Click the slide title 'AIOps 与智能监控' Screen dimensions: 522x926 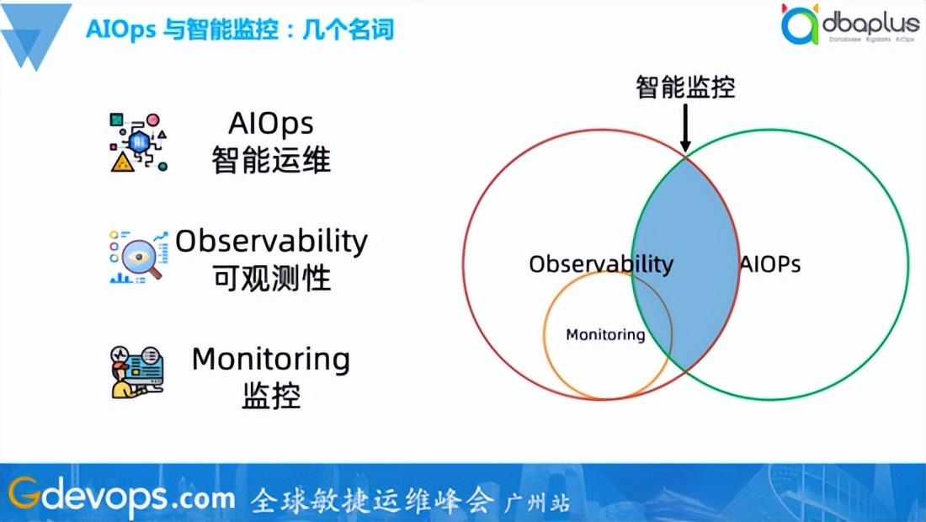(x=240, y=29)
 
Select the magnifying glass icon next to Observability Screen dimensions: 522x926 (x=138, y=256)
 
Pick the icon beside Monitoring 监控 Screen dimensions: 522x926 (x=138, y=370)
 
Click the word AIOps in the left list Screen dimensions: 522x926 (x=271, y=124)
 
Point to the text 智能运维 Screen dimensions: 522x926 (x=271, y=160)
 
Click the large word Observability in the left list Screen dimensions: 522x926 (x=271, y=241)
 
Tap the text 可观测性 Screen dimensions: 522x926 (x=271, y=278)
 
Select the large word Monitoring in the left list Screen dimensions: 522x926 (x=271, y=360)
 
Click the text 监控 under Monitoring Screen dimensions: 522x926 (x=271, y=396)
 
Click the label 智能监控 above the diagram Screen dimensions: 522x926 (x=685, y=87)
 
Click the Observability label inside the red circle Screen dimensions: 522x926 (x=601, y=264)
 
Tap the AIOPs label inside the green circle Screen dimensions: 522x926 (x=770, y=264)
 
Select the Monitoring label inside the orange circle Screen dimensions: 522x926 (x=605, y=335)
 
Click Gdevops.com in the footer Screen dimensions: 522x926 (x=122, y=497)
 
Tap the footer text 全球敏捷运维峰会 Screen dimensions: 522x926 (x=372, y=501)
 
